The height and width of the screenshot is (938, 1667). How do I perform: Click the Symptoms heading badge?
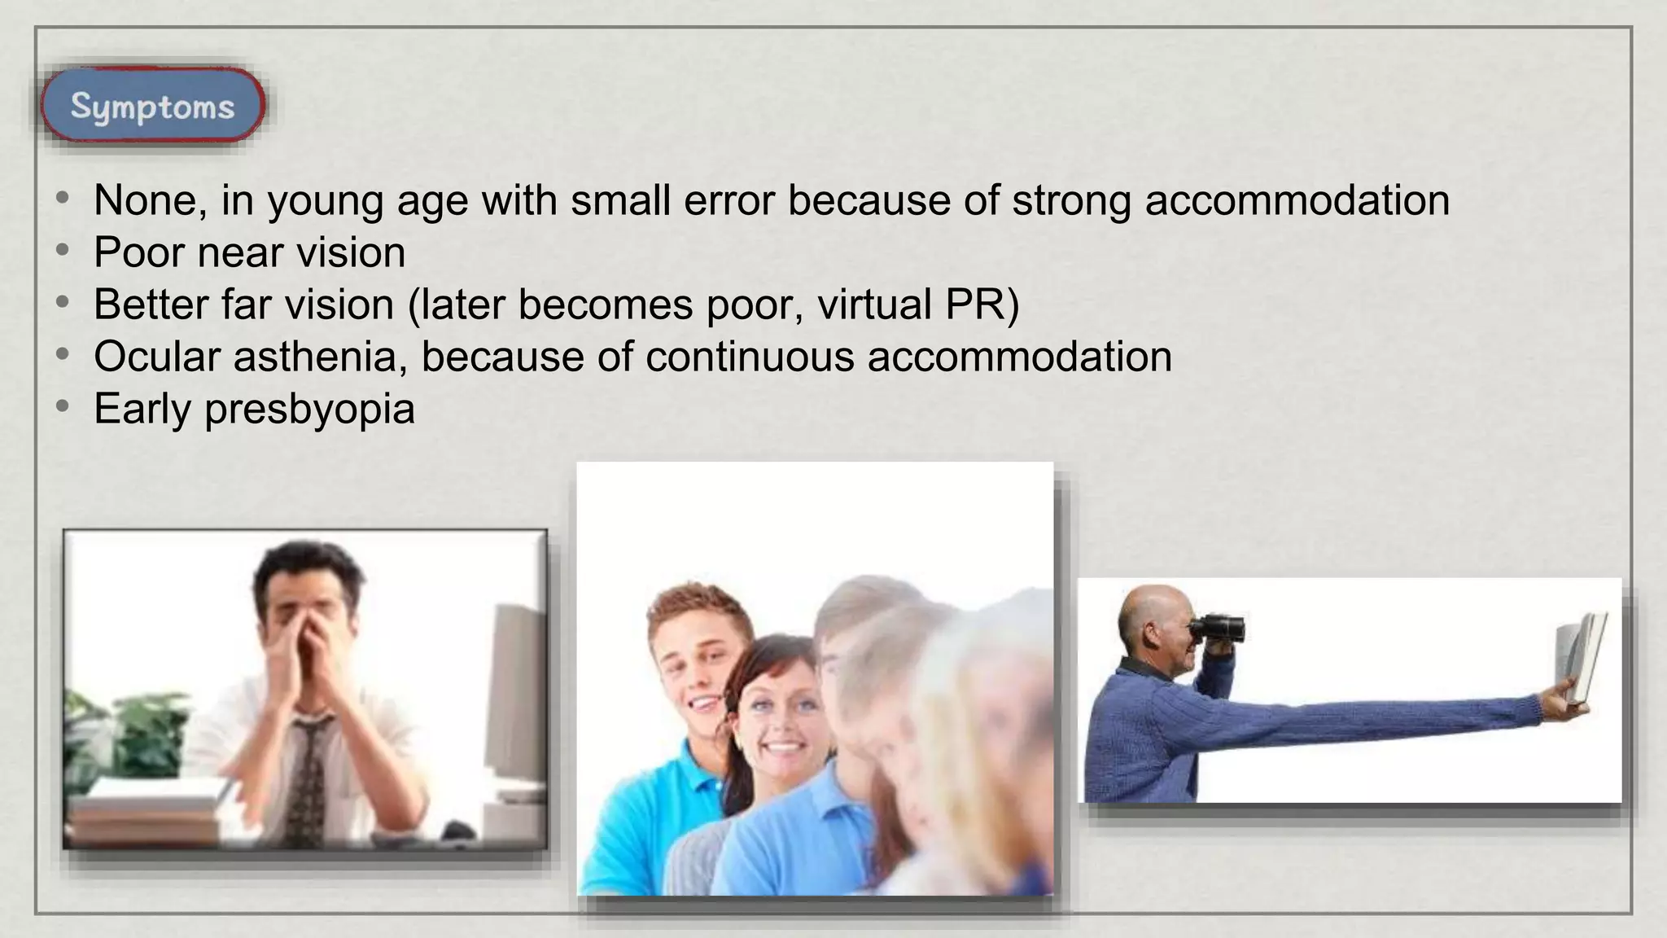[152, 107]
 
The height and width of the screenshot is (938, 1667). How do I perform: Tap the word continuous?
[750, 357]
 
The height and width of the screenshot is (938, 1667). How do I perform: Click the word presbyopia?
[309, 410]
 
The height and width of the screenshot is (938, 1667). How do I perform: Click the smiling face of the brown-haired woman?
[773, 717]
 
